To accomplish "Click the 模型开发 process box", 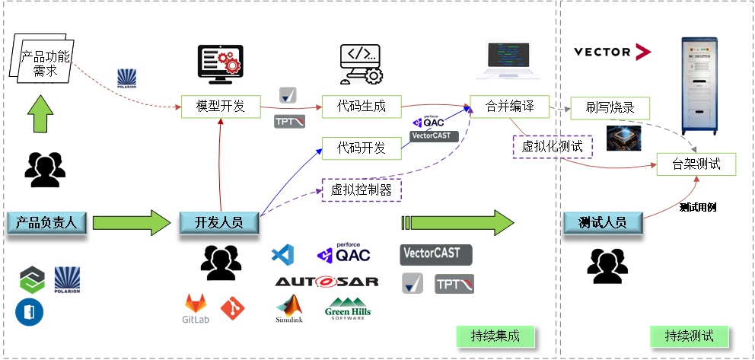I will click(221, 107).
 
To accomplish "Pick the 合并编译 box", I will click(509, 107).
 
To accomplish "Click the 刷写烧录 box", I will click(610, 107).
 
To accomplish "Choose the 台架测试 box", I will click(696, 164).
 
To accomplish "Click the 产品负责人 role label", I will click(46, 222).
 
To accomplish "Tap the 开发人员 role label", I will click(219, 222).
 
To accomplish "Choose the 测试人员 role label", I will click(603, 222).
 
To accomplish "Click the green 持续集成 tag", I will click(495, 336).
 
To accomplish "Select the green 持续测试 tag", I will click(690, 336).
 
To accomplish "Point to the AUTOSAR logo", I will click(327, 282).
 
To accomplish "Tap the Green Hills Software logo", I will click(348, 308).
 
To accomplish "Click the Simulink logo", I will click(289, 308).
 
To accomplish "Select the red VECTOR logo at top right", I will click(613, 52).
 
